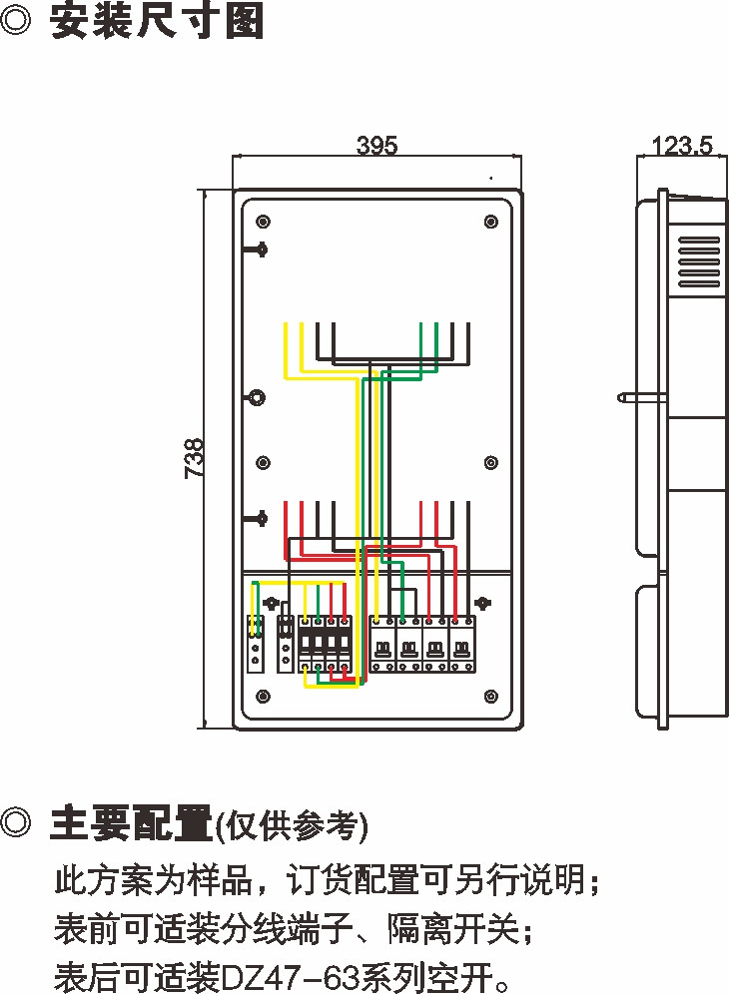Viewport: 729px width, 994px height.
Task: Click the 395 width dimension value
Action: point(376,146)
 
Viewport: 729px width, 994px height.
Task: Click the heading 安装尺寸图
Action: point(158,22)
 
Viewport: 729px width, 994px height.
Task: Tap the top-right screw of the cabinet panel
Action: point(490,222)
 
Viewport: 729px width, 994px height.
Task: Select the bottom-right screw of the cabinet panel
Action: point(490,696)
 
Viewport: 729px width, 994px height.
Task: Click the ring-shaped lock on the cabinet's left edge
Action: point(257,397)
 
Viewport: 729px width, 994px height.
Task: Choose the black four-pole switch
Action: point(326,644)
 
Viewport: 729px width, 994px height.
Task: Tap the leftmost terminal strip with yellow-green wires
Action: point(256,644)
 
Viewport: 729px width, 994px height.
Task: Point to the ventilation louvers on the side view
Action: point(698,262)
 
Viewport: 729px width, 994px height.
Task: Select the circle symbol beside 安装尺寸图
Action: point(18,22)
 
